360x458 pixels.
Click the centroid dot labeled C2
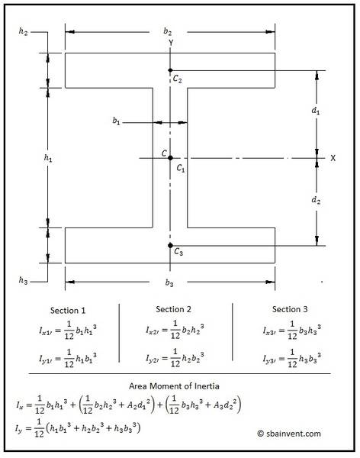click(x=170, y=70)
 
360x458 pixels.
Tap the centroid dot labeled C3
click(x=170, y=246)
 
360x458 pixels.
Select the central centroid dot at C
click(x=170, y=158)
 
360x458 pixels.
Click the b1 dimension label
click(x=116, y=121)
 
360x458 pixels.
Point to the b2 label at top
click(x=168, y=31)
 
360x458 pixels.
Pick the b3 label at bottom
click(x=169, y=282)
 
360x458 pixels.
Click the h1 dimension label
click(x=48, y=158)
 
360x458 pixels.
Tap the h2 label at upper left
click(x=23, y=31)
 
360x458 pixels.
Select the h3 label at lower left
click(x=23, y=280)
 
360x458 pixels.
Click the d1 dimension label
click(x=316, y=111)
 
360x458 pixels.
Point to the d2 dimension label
click(x=316, y=200)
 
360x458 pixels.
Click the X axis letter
click(x=333, y=158)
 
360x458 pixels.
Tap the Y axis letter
click(x=171, y=43)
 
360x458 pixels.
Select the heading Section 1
click(x=68, y=310)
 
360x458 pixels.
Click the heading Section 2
click(x=173, y=309)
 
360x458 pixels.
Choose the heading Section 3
click(x=290, y=309)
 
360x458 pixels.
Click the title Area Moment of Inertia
click(x=174, y=386)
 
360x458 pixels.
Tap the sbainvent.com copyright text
click(x=289, y=434)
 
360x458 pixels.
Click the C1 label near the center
click(x=181, y=168)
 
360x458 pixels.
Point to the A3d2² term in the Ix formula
click(x=226, y=404)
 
